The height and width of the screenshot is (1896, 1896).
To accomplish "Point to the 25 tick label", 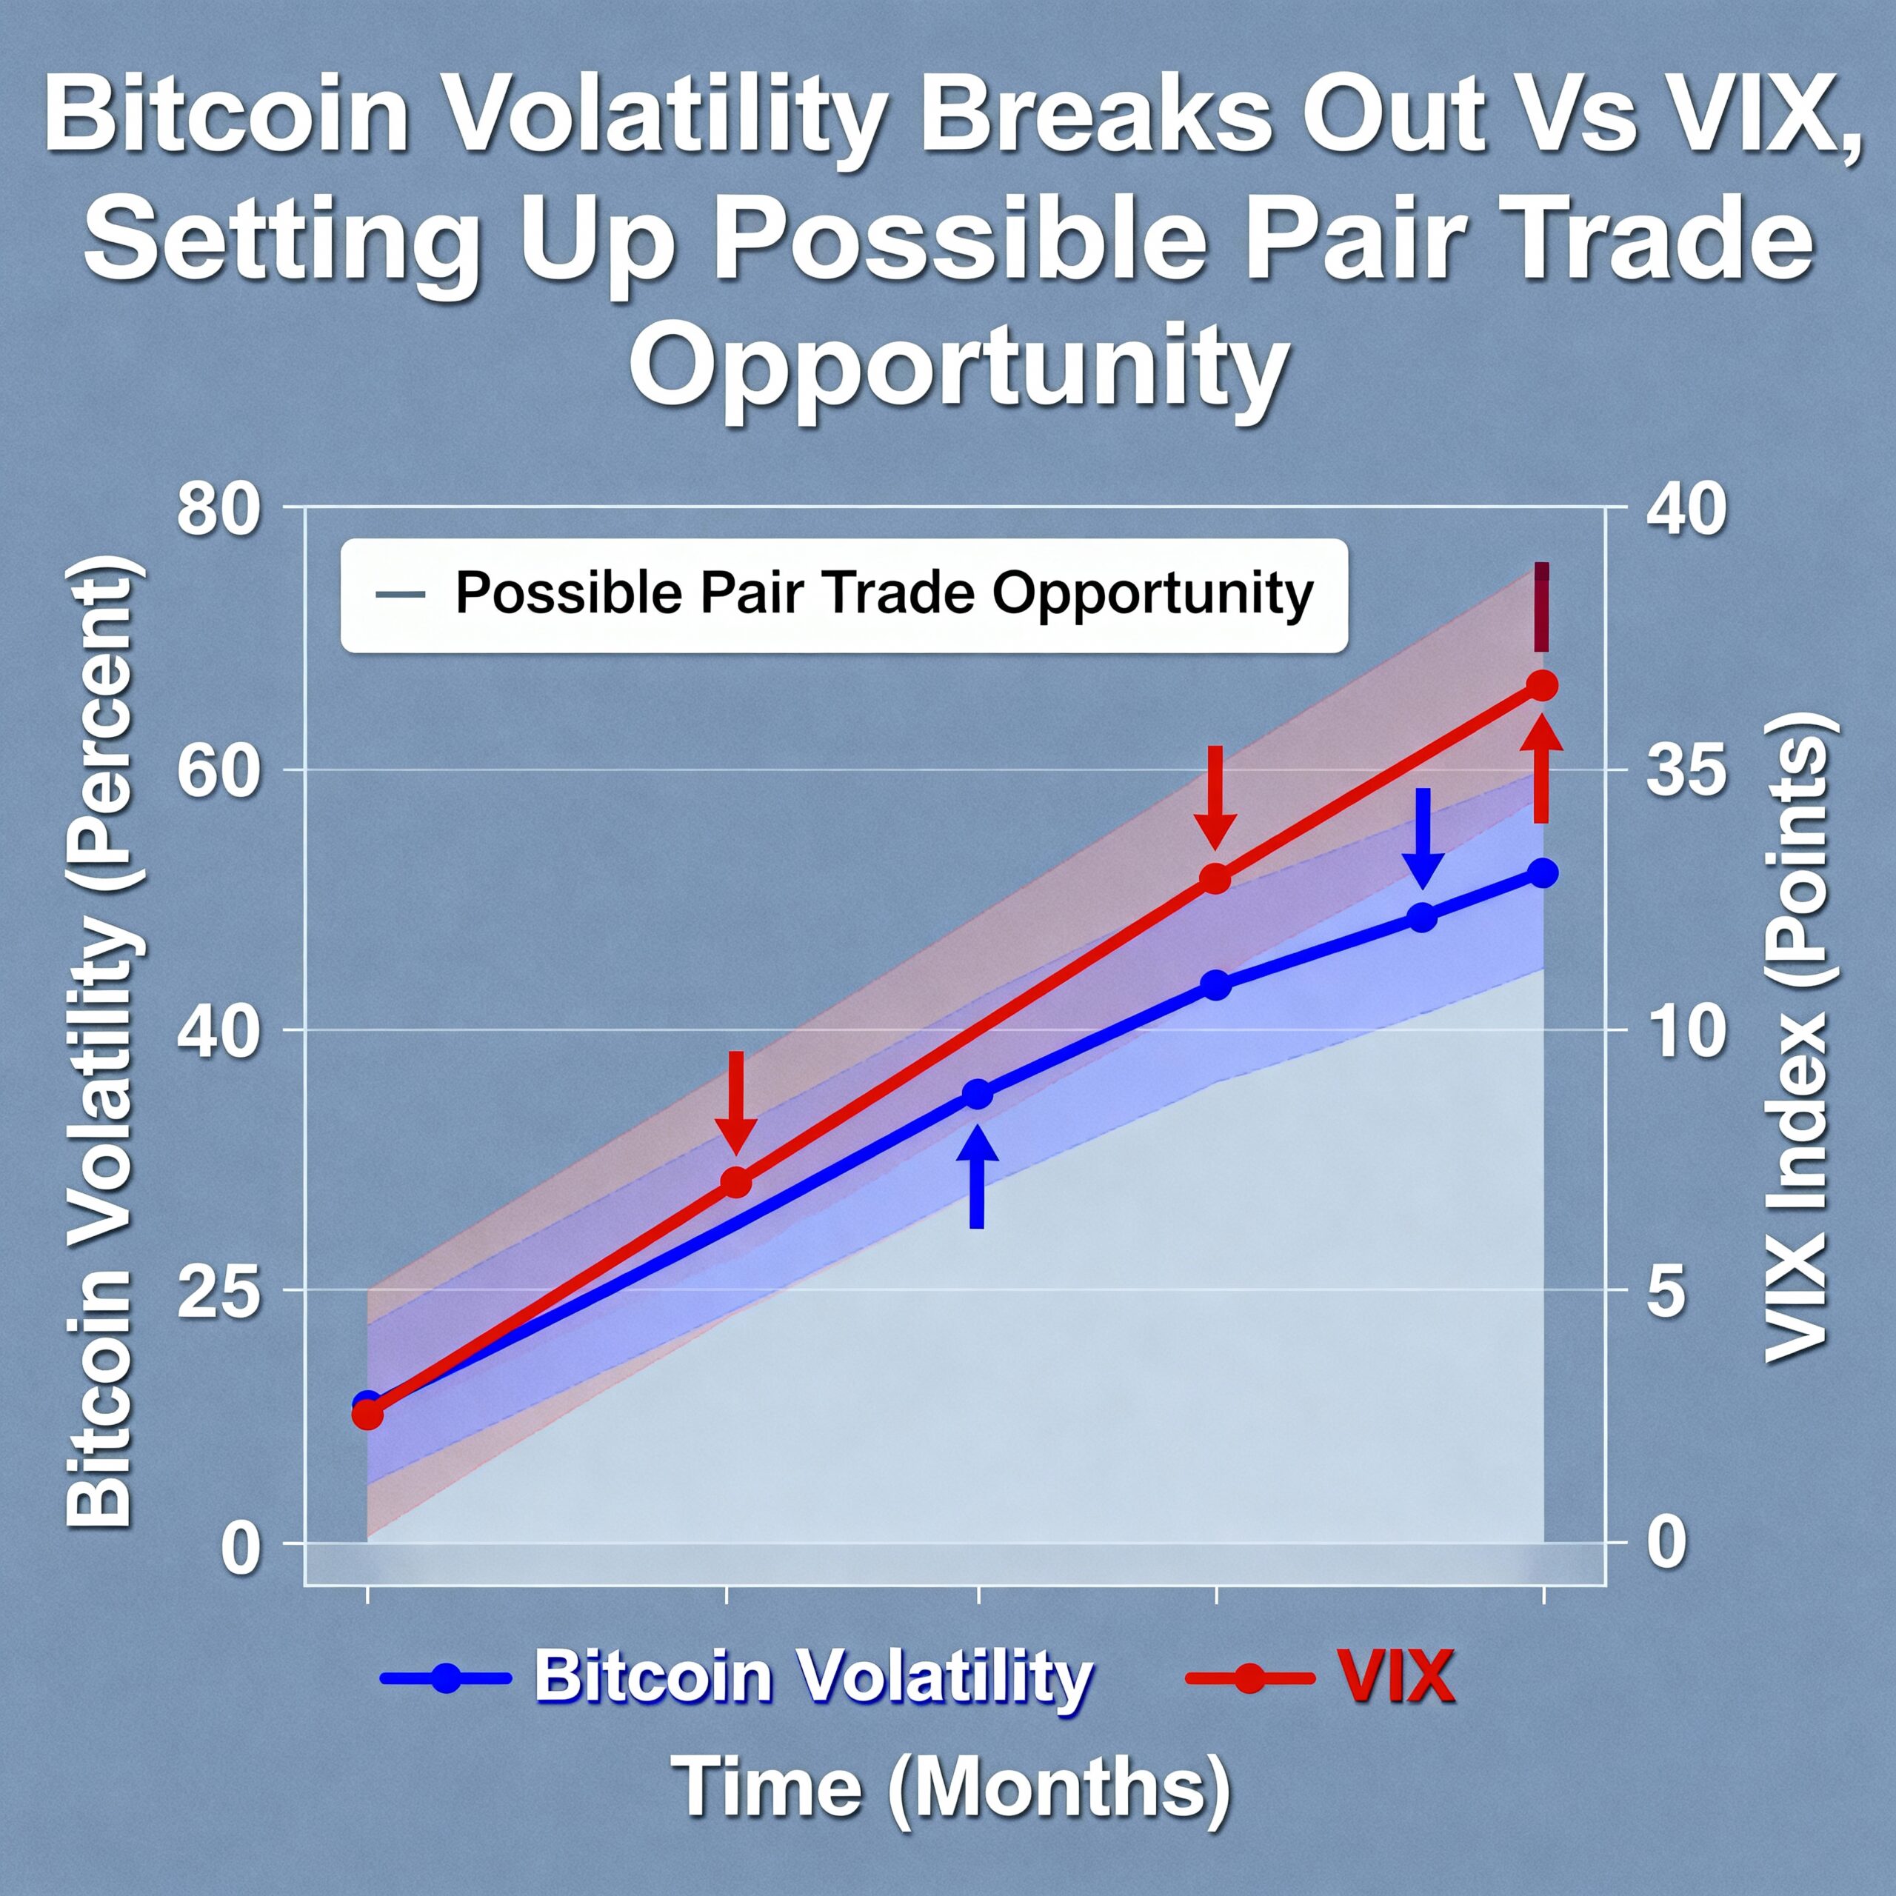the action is [x=217, y=1292].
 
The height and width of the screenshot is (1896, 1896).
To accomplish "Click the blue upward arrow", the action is [x=976, y=1175].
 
